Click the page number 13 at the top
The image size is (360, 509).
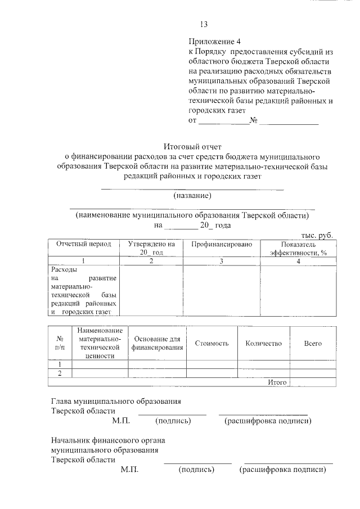click(x=204, y=24)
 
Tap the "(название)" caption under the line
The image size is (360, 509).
click(x=192, y=195)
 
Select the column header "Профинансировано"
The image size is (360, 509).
click(x=221, y=244)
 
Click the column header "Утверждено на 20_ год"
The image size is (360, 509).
click(x=151, y=248)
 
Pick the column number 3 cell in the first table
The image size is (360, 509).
click(x=221, y=261)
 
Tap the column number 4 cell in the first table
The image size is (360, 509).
click(x=298, y=261)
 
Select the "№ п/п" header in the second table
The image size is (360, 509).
click(x=60, y=344)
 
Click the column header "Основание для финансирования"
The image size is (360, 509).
click(x=157, y=344)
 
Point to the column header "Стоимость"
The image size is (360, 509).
click(x=211, y=343)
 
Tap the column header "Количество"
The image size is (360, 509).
click(x=264, y=343)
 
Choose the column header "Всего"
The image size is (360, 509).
click(x=313, y=343)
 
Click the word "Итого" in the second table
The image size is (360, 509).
click(x=277, y=382)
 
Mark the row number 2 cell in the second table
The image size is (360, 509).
click(x=60, y=373)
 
